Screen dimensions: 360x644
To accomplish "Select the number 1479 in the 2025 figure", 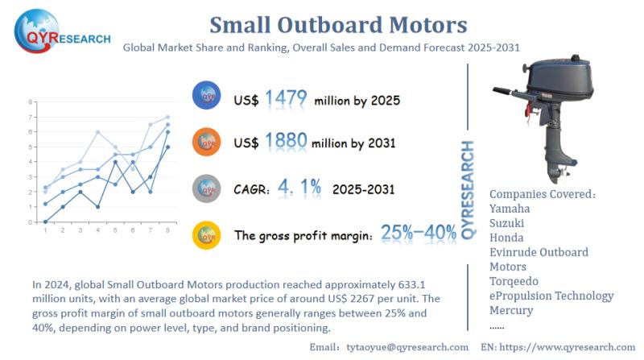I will click(x=287, y=99).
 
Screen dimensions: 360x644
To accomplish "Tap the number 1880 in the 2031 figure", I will click(x=287, y=143).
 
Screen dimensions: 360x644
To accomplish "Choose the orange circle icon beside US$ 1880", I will click(x=207, y=143).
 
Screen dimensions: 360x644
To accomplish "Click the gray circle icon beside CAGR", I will click(x=207, y=189).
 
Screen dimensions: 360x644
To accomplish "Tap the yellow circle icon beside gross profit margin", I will click(x=207, y=234).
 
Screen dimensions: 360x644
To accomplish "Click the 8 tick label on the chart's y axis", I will click(x=30, y=101).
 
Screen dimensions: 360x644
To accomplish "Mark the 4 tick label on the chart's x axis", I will click(x=97, y=230).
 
